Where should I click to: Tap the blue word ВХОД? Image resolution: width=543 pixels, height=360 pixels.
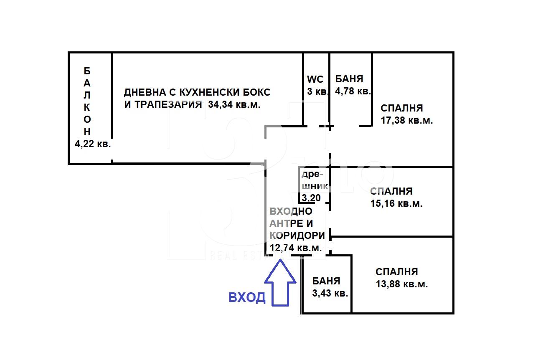[246, 297]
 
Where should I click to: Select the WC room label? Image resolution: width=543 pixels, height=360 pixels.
[315, 79]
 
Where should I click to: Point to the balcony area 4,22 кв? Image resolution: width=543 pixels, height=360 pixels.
[92, 144]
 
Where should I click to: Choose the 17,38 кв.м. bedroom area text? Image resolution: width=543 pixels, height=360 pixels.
[406, 121]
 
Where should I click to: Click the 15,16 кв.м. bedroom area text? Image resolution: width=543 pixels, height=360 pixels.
[396, 204]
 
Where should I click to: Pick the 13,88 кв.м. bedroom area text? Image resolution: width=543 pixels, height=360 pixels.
[401, 284]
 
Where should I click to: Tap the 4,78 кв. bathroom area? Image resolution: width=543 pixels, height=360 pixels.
[353, 91]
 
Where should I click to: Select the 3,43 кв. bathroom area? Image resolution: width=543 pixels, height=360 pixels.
[330, 293]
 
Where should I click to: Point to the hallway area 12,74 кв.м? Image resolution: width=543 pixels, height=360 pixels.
[296, 248]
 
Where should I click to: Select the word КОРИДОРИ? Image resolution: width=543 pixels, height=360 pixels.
[297, 235]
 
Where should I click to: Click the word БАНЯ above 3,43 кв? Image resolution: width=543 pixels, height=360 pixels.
[326, 281]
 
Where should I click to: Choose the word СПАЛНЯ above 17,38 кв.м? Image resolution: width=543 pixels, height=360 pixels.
[401, 108]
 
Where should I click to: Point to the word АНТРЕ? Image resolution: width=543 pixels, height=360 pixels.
[285, 223]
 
